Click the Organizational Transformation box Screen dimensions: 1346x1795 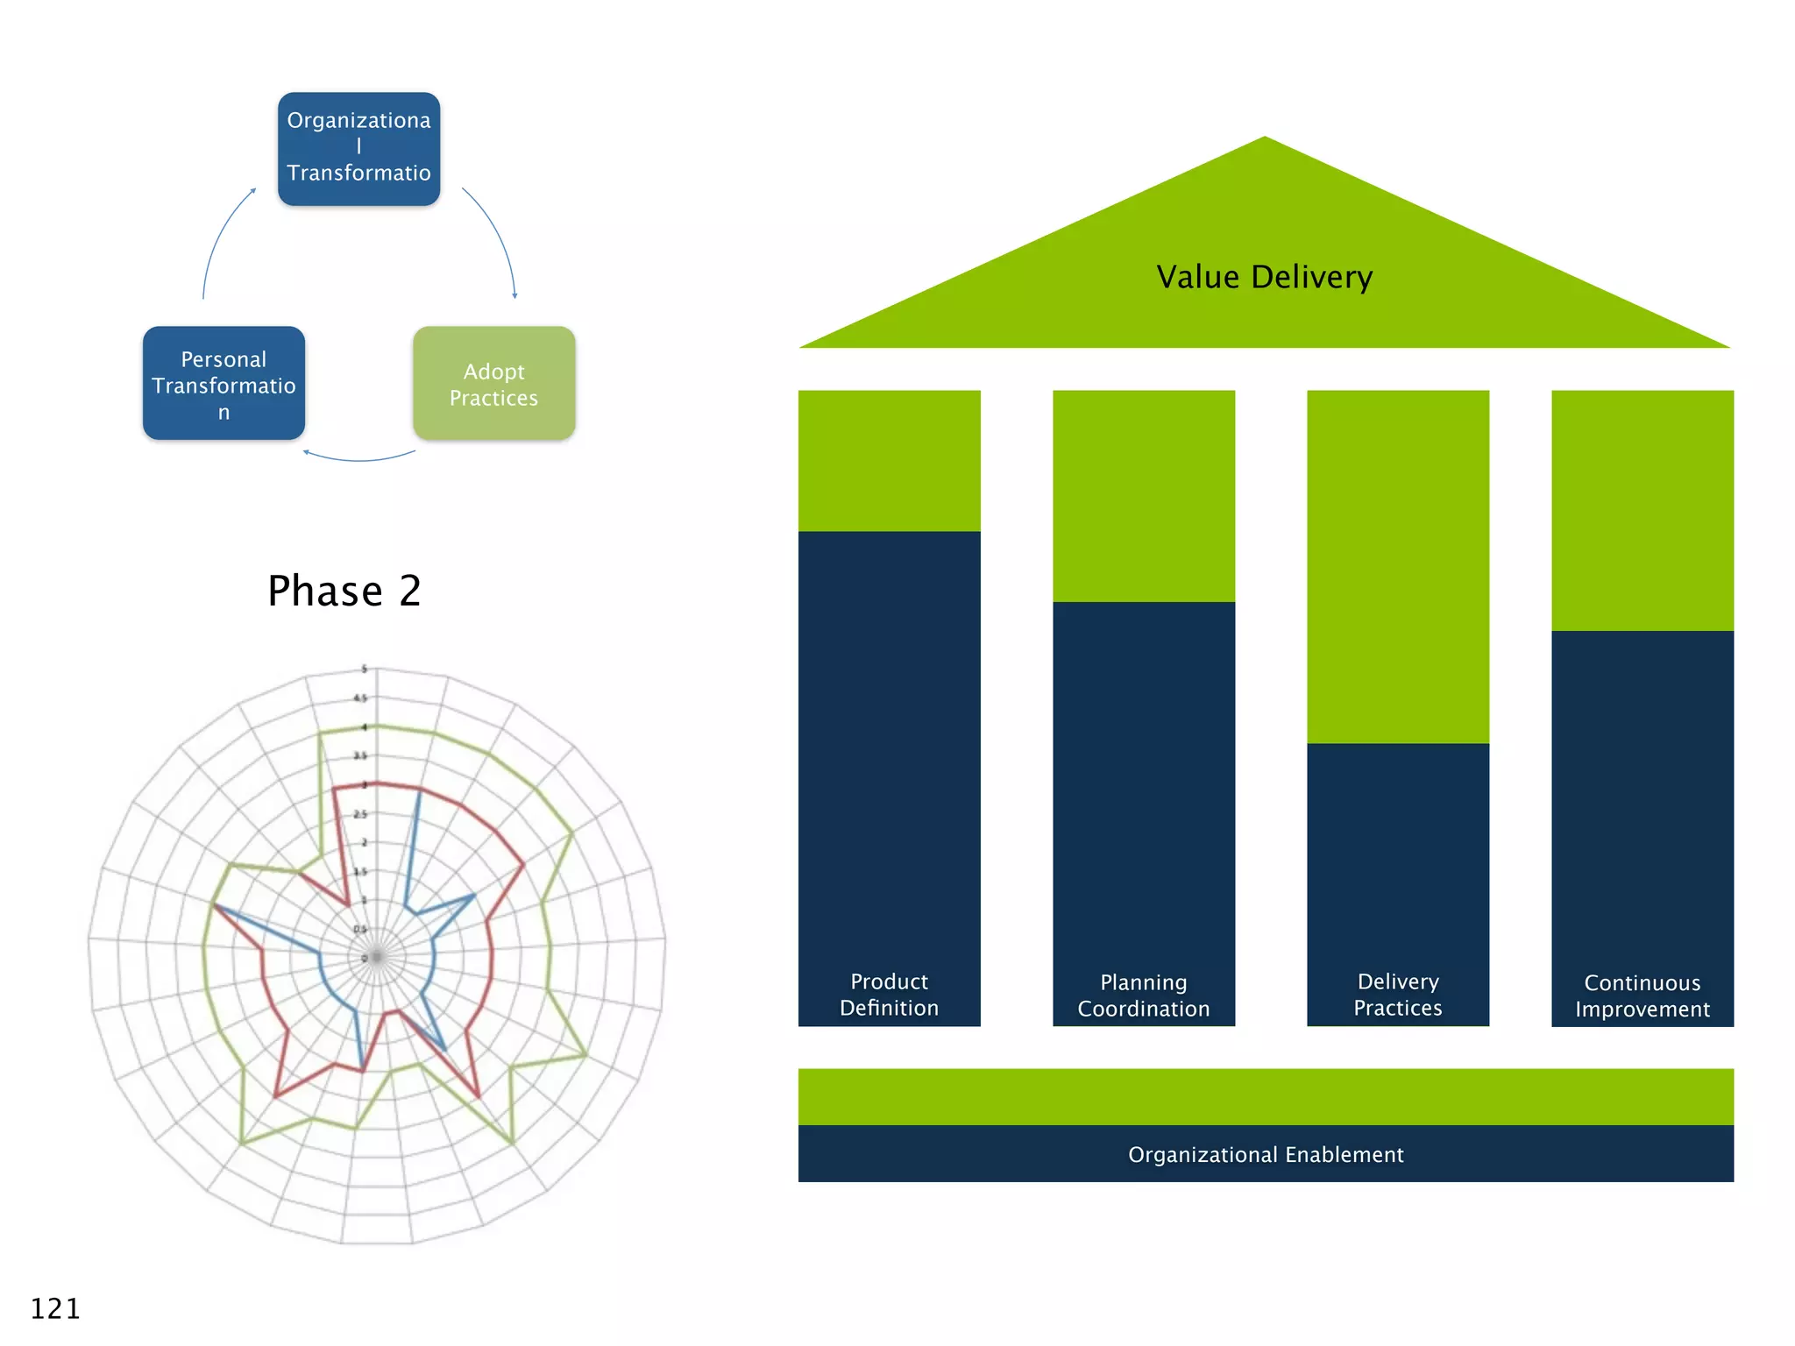[358, 149]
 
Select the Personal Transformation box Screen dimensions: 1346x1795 [223, 384]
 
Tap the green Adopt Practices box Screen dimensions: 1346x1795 [493, 384]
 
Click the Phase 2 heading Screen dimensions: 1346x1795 [344, 591]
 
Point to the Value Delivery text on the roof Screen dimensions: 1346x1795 [1264, 277]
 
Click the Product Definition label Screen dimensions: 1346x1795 [889, 995]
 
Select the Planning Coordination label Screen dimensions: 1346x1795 [1143, 995]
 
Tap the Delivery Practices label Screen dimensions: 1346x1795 [1397, 995]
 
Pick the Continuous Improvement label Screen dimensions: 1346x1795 [1642, 996]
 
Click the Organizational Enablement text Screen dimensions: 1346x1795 [1265, 1155]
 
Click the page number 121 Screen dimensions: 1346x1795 [55, 1308]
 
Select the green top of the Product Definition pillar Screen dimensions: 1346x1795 [889, 461]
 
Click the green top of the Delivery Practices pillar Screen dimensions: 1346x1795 [1397, 566]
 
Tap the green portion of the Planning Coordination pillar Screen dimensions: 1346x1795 [1143, 496]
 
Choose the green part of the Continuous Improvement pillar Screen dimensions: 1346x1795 [1642, 510]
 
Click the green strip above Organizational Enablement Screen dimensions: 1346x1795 [1265, 1096]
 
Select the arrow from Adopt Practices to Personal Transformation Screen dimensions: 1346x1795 [359, 459]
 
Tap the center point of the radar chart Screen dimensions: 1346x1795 [377, 957]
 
